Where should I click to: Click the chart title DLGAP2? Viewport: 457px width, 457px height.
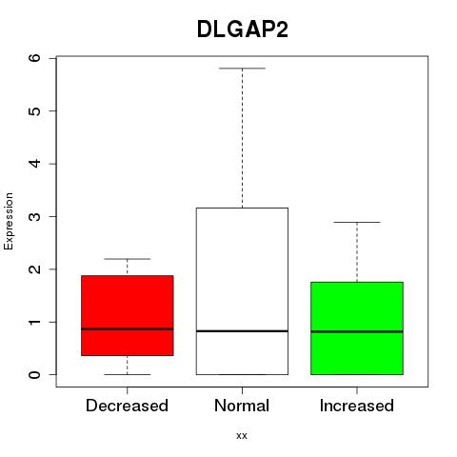(243, 30)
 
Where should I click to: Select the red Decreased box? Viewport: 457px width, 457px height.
(128, 315)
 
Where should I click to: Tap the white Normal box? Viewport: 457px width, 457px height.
(242, 291)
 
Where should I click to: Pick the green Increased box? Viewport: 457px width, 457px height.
(357, 328)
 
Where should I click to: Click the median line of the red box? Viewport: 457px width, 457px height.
(128, 329)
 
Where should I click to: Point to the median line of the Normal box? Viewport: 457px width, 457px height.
(242, 331)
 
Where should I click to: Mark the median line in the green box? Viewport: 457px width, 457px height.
(357, 331)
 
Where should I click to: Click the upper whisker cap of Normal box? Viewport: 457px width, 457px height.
(242, 69)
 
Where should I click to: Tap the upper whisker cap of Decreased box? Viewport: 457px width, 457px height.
(128, 259)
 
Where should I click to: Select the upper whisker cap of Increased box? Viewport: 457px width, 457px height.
(357, 222)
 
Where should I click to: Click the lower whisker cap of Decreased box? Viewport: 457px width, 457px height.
(128, 374)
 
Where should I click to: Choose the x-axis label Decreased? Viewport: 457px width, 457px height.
(127, 406)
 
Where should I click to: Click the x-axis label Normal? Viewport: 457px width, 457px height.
(242, 406)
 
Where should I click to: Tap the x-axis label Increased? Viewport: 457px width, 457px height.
(357, 406)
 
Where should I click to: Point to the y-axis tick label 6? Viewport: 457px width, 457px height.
(35, 58)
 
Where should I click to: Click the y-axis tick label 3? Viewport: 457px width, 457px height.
(35, 216)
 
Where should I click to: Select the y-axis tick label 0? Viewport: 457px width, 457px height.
(35, 375)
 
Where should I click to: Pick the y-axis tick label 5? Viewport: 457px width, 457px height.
(35, 110)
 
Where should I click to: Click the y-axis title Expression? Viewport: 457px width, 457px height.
(9, 221)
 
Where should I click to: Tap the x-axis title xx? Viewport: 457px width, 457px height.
(242, 436)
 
